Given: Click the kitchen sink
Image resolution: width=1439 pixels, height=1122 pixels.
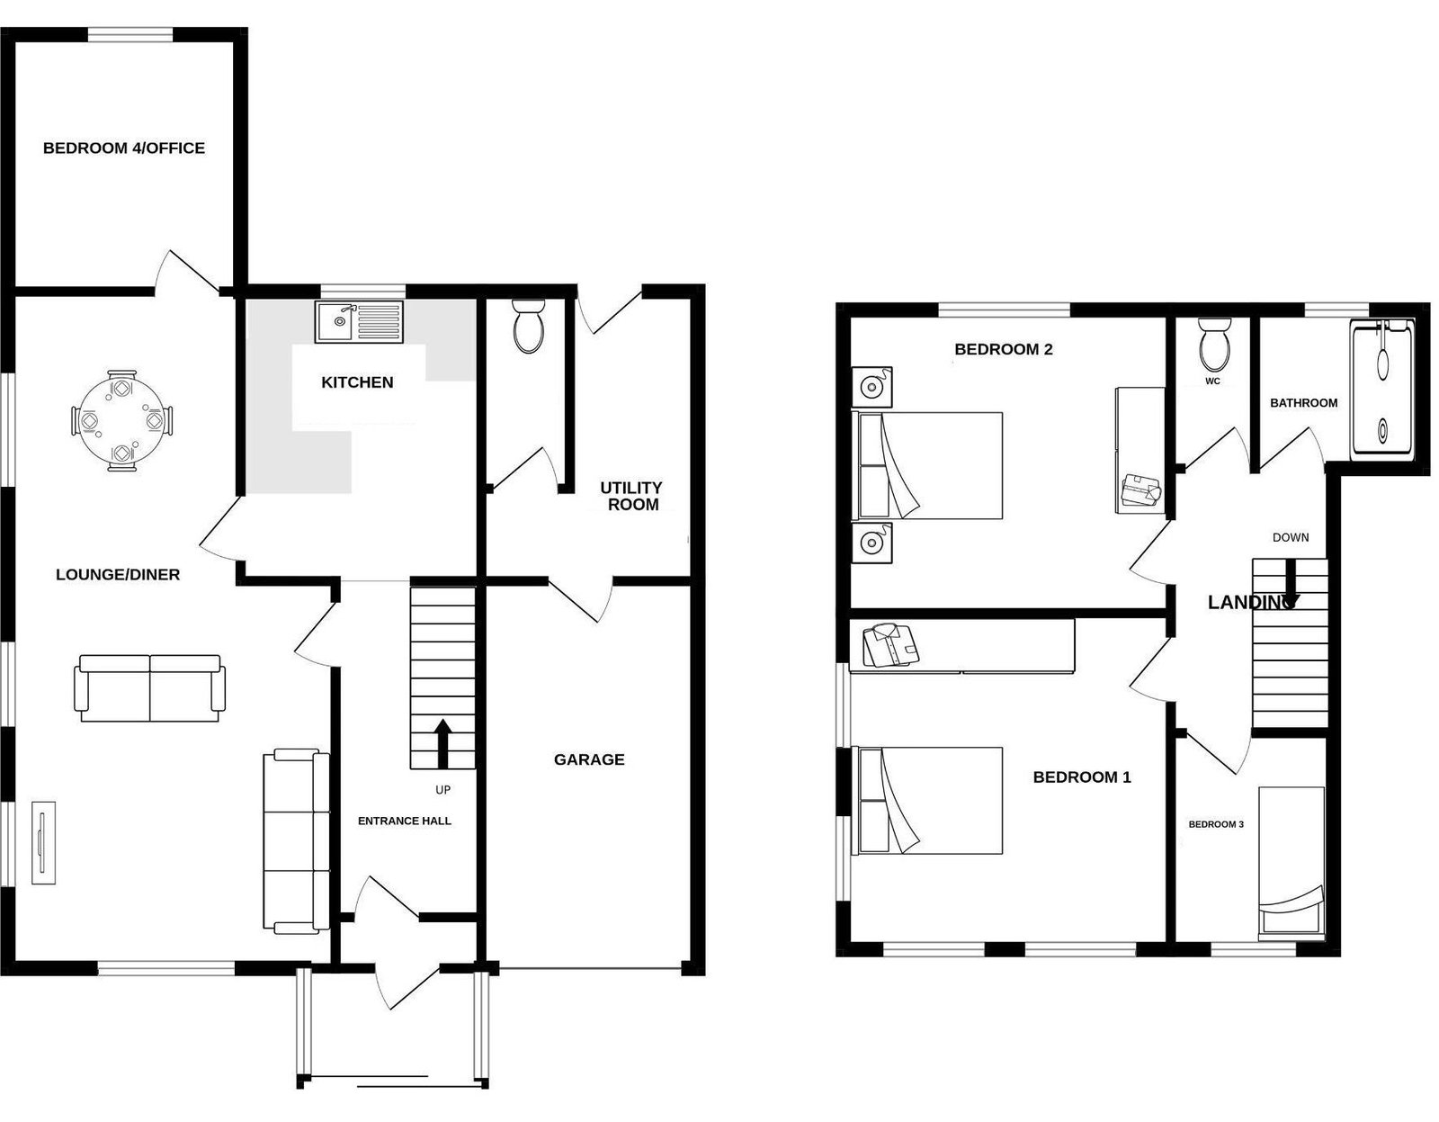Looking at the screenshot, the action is (359, 322).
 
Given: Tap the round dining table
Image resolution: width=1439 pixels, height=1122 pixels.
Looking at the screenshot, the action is (121, 420).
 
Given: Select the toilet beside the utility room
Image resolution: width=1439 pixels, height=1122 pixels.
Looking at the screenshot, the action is (529, 326).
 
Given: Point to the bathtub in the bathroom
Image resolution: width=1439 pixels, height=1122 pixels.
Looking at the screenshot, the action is (1382, 390).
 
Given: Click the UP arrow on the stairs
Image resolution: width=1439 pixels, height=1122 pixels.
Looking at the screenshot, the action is (442, 743).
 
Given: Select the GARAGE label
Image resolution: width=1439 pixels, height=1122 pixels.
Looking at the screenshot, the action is (589, 759).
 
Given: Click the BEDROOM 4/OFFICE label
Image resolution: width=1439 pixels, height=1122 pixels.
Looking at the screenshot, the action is (124, 148).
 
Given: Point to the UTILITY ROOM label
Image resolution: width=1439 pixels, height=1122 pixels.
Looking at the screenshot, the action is (631, 496).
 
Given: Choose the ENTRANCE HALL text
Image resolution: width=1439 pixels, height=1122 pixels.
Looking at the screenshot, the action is (405, 821).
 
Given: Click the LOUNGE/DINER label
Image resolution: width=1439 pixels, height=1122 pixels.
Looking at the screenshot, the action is (118, 575).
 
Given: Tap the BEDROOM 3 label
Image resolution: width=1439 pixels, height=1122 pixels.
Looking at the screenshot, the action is (1216, 824).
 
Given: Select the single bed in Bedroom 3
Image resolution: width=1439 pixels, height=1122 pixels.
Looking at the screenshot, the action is (1292, 863).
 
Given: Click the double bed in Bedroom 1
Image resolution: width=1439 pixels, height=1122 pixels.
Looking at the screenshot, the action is (931, 800).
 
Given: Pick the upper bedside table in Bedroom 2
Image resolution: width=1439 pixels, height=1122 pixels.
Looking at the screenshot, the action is (871, 388).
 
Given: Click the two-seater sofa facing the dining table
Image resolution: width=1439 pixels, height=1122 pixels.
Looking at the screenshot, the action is (149, 688).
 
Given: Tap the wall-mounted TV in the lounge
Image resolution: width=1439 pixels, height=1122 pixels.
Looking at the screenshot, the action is (44, 842).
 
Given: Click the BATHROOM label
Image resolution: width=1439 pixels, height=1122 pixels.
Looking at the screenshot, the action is (1303, 403).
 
